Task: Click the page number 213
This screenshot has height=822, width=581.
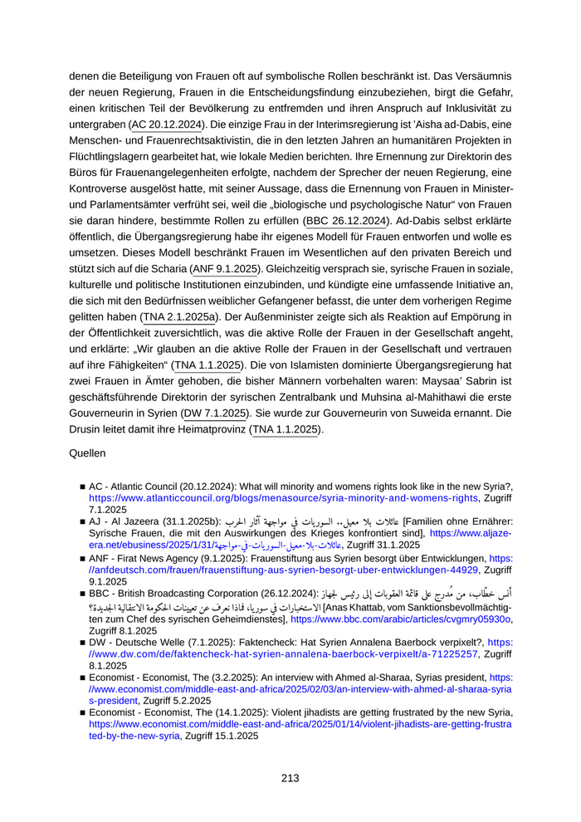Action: click(x=290, y=778)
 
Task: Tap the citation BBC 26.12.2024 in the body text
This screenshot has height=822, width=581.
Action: click(x=346, y=221)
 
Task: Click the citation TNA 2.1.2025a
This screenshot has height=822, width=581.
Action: click(x=180, y=317)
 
